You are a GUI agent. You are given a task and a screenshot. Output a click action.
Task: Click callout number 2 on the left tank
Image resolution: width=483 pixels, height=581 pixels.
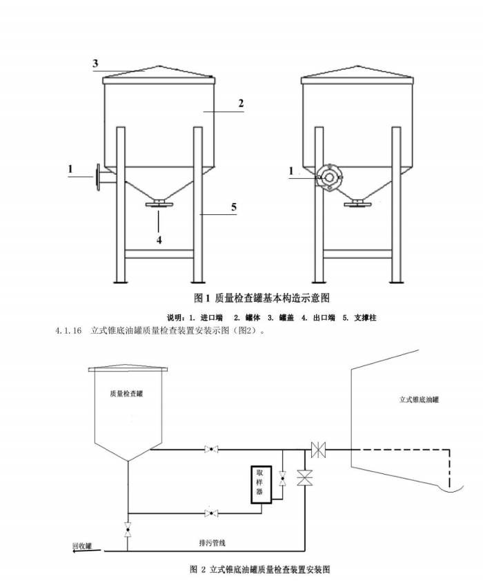[x=241, y=103]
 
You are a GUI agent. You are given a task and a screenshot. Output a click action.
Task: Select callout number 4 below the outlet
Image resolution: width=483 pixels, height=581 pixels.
[x=159, y=240]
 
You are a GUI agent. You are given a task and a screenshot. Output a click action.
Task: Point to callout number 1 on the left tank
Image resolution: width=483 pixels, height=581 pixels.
[x=70, y=168]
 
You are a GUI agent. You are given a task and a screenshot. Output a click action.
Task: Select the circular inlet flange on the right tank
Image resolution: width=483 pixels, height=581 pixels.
[x=330, y=177]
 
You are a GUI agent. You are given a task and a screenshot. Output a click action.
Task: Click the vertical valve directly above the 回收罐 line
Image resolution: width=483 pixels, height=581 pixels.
[x=126, y=531]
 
